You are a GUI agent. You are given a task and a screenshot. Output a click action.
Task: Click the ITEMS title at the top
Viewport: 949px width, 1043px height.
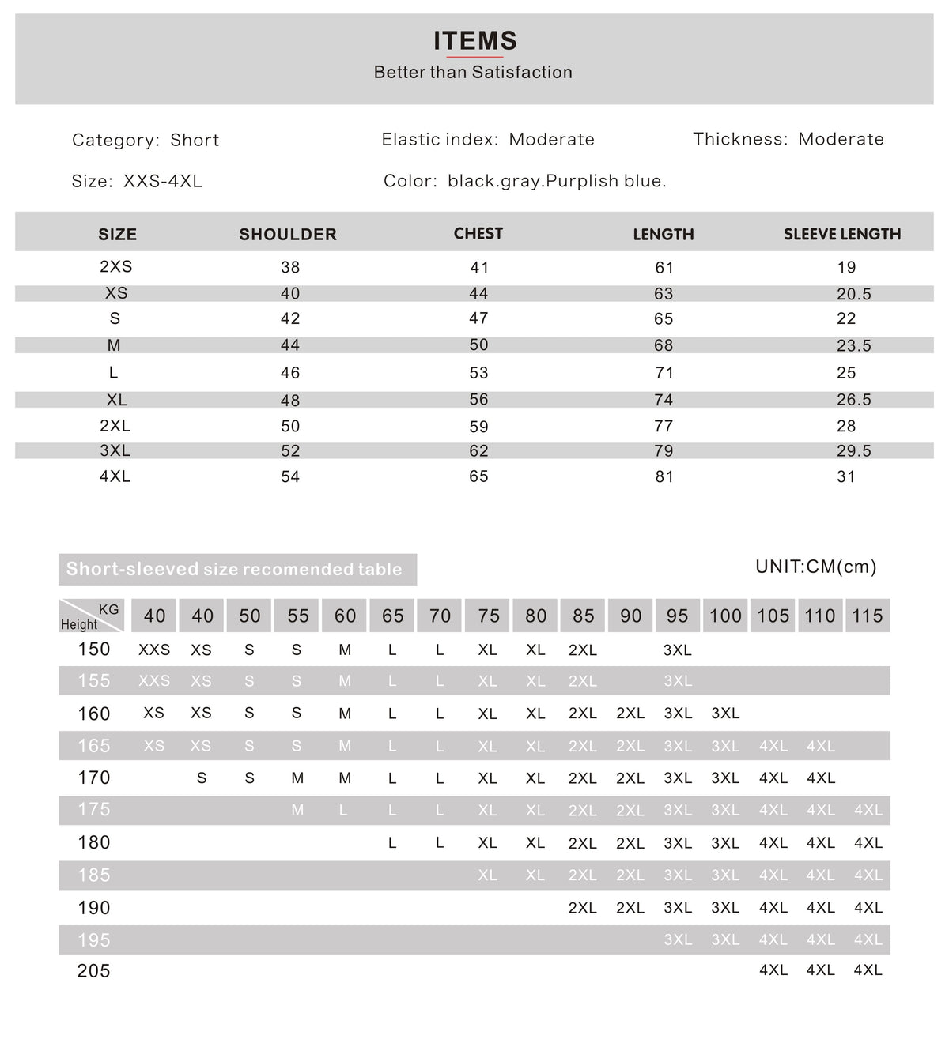pos(475,40)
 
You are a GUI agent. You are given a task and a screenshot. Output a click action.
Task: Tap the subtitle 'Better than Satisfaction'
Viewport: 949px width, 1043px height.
pos(473,72)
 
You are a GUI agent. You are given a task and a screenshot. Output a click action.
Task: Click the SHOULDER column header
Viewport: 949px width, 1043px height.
pos(288,234)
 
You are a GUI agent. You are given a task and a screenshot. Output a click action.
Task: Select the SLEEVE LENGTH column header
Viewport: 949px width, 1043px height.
pos(842,234)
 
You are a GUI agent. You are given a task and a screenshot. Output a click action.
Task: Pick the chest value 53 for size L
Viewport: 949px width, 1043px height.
pos(478,372)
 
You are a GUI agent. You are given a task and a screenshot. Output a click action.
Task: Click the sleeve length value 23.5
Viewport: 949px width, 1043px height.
pos(853,345)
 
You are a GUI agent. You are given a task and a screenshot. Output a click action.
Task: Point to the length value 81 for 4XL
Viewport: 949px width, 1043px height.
pos(664,476)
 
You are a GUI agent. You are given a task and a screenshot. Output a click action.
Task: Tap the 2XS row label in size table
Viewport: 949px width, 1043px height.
pos(115,266)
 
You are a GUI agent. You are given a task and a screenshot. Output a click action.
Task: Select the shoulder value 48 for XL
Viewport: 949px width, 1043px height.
pos(290,400)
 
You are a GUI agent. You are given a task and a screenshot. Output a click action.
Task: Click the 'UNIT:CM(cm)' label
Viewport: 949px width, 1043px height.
pos(815,567)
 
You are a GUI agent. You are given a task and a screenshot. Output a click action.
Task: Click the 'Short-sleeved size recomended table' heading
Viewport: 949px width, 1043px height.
pos(234,569)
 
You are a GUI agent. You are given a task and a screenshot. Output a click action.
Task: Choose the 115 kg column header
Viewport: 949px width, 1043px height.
pos(867,616)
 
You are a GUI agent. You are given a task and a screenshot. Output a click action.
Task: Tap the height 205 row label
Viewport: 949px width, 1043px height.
pos(93,970)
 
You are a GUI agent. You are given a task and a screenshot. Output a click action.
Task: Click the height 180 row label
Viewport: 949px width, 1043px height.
pos(93,842)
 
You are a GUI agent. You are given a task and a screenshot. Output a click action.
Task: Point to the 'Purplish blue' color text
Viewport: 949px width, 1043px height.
pos(606,181)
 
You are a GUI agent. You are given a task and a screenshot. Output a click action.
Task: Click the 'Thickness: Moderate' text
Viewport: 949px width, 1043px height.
pos(788,139)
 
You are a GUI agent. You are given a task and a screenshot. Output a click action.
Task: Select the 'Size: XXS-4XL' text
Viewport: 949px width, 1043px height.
pos(137,181)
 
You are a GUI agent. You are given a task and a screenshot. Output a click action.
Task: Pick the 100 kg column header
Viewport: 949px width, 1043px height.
pos(725,616)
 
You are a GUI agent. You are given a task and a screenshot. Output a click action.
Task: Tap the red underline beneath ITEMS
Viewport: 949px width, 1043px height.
pos(475,57)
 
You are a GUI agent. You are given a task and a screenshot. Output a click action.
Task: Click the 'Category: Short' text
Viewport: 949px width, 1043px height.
pos(146,140)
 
